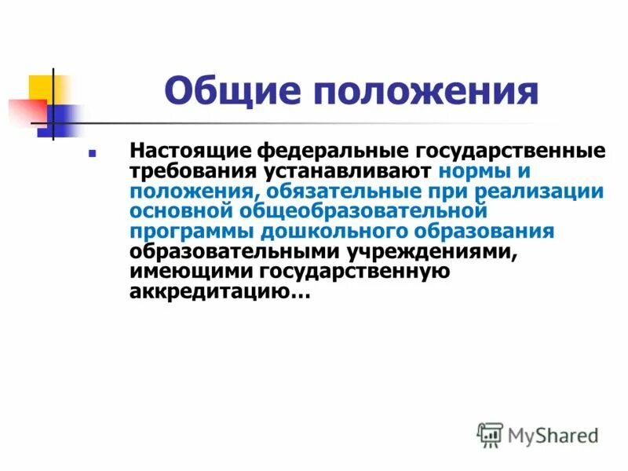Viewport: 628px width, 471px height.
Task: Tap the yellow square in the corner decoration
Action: pos(41,88)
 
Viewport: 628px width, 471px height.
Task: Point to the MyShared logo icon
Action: pos(490,435)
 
